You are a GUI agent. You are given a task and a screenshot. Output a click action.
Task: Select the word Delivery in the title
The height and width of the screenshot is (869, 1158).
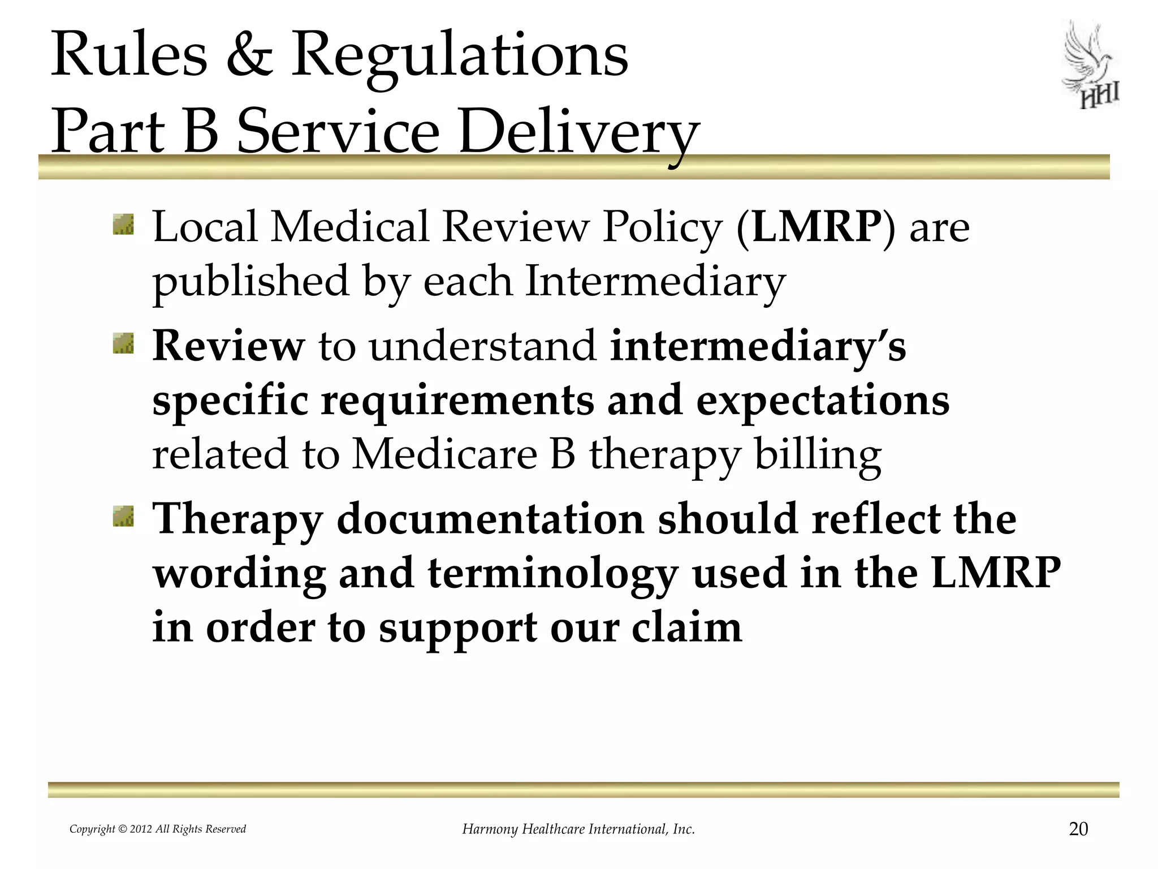point(579,134)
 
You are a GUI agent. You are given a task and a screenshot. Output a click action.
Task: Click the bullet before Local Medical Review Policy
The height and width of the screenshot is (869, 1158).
point(123,225)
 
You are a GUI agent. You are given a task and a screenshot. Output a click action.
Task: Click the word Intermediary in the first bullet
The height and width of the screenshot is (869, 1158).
point(655,281)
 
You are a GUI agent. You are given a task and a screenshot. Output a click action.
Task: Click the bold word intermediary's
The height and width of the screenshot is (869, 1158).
point(758,346)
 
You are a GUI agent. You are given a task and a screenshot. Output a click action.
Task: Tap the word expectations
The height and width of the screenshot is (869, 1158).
point(822,401)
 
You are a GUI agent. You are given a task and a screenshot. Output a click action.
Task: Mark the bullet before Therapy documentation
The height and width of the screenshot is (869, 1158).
point(123,517)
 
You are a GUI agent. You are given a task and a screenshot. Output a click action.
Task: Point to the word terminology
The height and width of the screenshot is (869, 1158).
point(552,574)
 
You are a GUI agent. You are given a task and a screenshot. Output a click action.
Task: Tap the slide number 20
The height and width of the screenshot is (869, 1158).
point(1078,829)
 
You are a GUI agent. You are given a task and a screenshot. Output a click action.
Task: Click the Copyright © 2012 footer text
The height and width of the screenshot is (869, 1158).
point(158,829)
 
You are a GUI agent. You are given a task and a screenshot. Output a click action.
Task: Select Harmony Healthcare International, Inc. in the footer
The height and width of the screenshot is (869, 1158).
point(578,829)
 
